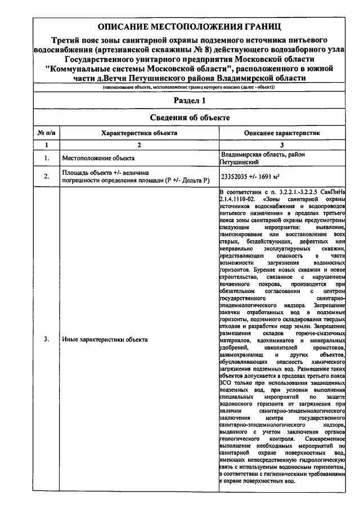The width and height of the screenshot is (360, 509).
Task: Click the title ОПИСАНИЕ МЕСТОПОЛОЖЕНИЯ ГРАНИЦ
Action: tap(188, 27)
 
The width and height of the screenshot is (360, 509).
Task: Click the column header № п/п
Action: tap(46, 133)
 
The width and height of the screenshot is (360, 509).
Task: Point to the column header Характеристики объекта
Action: tap(139, 133)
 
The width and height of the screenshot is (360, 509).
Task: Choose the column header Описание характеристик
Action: tap(282, 133)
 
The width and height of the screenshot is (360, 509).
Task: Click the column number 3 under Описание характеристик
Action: tap(282, 146)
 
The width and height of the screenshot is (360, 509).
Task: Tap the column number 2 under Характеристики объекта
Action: tap(139, 146)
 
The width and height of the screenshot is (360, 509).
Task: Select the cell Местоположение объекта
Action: tap(98, 158)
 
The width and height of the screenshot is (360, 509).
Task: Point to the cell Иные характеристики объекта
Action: tap(105, 339)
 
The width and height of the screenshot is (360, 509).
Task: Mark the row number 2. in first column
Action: tap(46, 176)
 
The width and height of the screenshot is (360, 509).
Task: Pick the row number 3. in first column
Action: tap(46, 339)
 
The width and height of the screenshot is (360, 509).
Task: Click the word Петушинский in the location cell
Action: tap(239, 162)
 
